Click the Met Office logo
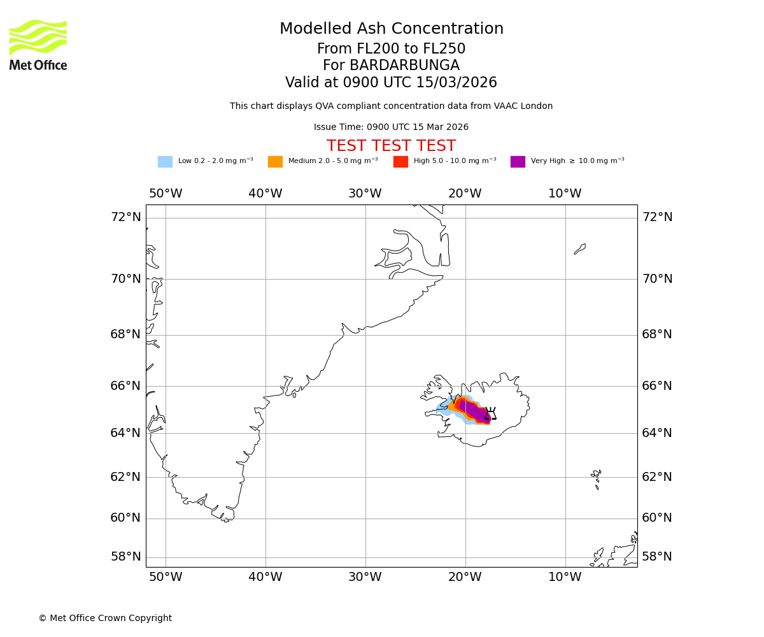click(x=38, y=45)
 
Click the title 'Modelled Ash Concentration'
click(x=392, y=29)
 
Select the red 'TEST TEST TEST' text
click(x=391, y=147)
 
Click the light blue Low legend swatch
click(x=165, y=162)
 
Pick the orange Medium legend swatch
click(x=275, y=162)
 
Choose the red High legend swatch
click(x=400, y=162)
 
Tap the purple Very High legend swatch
click(x=518, y=162)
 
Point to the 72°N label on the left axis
click(x=125, y=217)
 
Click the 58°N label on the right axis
click(x=656, y=557)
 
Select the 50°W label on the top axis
click(x=166, y=194)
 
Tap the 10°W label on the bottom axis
click(x=565, y=577)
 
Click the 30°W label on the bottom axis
click(x=365, y=577)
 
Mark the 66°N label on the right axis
click(x=656, y=386)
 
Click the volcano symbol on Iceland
click(x=490, y=413)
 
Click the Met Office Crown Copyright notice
click(x=105, y=619)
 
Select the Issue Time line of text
click(x=391, y=127)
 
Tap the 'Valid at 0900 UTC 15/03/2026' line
click(x=391, y=83)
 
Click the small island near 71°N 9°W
click(x=580, y=248)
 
